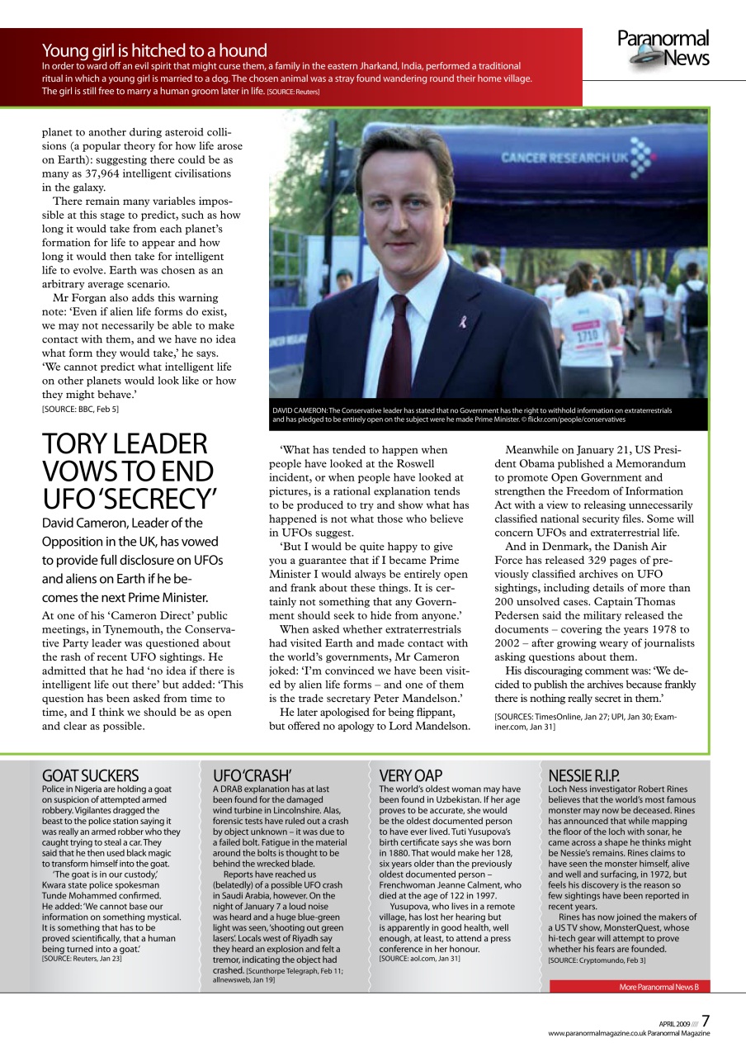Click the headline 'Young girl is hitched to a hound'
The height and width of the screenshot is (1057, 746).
(x=154, y=50)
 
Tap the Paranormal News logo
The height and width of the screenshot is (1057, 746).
(x=663, y=48)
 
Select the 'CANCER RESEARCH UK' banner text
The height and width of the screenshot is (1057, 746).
(x=562, y=156)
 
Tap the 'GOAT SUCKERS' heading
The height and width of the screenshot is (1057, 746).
(x=90, y=775)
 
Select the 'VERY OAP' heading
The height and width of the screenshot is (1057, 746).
(x=411, y=775)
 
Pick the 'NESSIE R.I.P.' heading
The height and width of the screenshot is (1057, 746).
(x=583, y=775)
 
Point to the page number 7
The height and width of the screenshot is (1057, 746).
(x=706, y=1021)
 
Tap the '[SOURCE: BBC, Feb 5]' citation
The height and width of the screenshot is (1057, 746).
(x=80, y=409)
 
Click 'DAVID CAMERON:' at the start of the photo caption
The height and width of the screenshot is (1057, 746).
(x=305, y=410)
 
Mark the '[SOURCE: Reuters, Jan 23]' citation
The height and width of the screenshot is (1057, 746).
(x=82, y=958)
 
